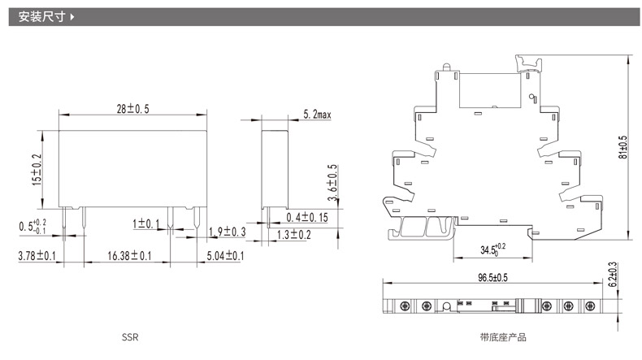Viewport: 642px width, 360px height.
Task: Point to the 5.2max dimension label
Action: click(x=315, y=115)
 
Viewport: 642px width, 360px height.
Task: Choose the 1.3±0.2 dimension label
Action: click(x=294, y=235)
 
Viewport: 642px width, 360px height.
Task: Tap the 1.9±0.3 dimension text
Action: click(x=227, y=232)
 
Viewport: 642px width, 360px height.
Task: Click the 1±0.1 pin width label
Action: click(x=148, y=222)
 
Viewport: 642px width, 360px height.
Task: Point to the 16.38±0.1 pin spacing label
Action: click(x=130, y=256)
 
